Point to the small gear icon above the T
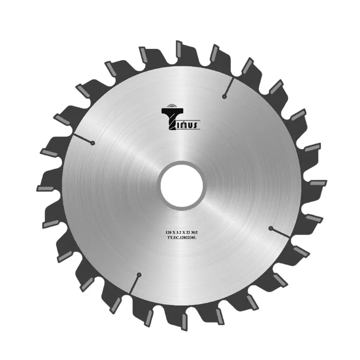coord(172,106)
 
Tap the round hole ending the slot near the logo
coord(224,96)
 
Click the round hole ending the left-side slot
coord(92,143)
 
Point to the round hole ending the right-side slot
coord(270,227)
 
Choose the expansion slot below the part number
coord(134,283)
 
